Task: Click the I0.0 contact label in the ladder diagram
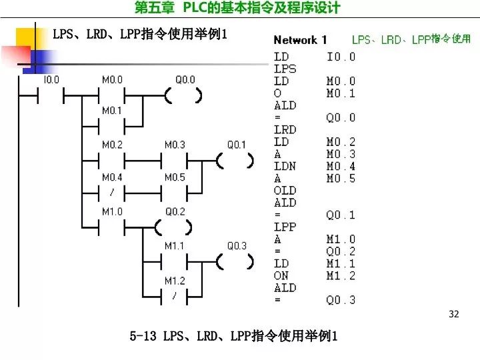click(x=51, y=79)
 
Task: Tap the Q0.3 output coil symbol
click(x=235, y=262)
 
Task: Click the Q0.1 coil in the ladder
click(x=235, y=161)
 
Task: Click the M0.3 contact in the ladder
click(x=175, y=161)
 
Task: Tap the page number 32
click(x=454, y=314)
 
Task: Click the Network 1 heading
click(x=300, y=40)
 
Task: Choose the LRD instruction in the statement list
click(x=285, y=130)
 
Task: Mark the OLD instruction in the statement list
click(x=285, y=191)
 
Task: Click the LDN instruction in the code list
click(x=285, y=166)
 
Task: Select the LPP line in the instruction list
click(x=285, y=227)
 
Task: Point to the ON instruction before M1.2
click(x=281, y=276)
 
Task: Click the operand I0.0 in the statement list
click(x=341, y=57)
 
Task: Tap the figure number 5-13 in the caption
click(x=143, y=336)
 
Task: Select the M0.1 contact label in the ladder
click(x=112, y=111)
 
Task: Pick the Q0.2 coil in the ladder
click(x=175, y=228)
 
